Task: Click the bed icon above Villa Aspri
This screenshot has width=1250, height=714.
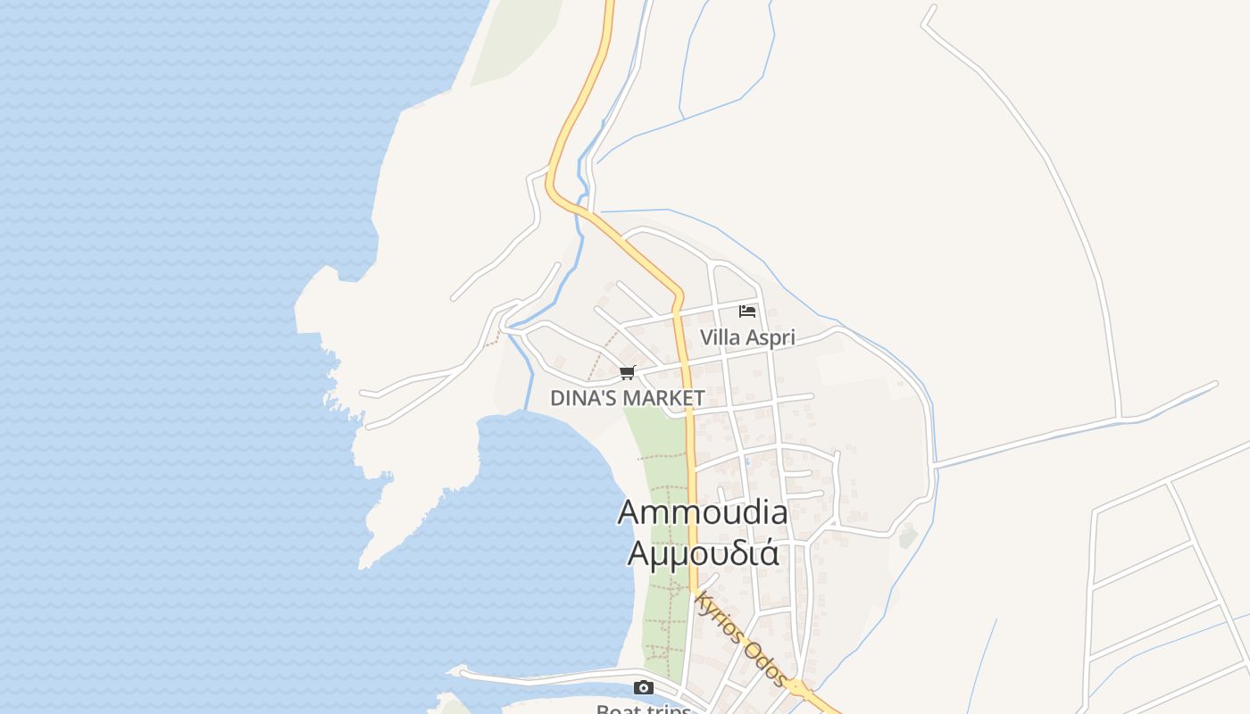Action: [x=747, y=311]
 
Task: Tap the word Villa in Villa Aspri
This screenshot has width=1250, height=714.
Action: [x=718, y=338]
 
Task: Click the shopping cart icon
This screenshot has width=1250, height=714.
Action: [x=628, y=373]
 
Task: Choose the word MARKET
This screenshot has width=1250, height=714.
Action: [x=665, y=398]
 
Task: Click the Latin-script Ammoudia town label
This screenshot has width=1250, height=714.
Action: [x=703, y=512]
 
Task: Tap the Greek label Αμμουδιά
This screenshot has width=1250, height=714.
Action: [x=703, y=552]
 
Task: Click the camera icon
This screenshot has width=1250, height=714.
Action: [x=643, y=687]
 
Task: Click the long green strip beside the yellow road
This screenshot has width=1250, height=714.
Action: [x=665, y=553]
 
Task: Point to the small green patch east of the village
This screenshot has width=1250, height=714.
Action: [x=908, y=537]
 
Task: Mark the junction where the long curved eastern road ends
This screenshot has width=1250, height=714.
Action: [x=1120, y=417]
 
